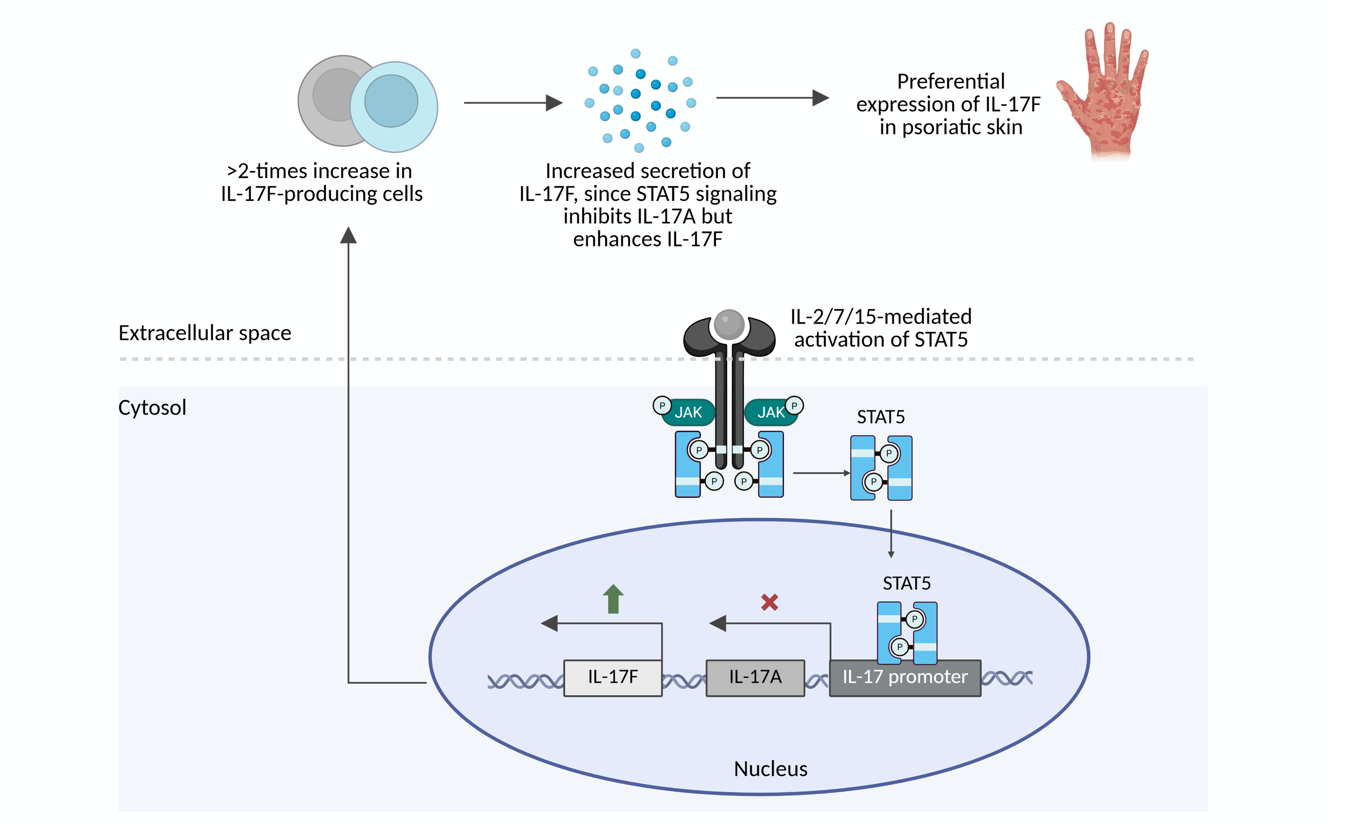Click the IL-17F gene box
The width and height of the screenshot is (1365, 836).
click(x=613, y=677)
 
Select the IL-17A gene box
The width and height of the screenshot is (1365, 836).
click(x=755, y=677)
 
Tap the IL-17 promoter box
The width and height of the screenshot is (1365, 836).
click(x=904, y=677)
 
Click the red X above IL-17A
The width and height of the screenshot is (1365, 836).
click(x=769, y=602)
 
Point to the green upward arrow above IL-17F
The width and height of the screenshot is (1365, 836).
click(x=613, y=599)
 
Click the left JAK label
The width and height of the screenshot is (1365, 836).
click(x=688, y=412)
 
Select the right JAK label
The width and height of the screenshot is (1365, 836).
click(x=771, y=412)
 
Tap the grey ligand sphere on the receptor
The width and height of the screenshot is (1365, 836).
click(x=728, y=324)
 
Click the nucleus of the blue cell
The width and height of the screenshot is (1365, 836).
click(x=391, y=101)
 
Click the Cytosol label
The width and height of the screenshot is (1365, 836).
click(x=152, y=407)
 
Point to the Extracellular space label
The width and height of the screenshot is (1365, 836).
click(x=205, y=332)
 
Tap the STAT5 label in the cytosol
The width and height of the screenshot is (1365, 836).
click(x=880, y=416)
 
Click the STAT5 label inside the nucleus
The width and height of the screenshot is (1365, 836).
click(x=906, y=583)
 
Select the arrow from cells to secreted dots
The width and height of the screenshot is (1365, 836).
click(x=512, y=102)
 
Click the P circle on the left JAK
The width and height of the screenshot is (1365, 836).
click(x=662, y=405)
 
